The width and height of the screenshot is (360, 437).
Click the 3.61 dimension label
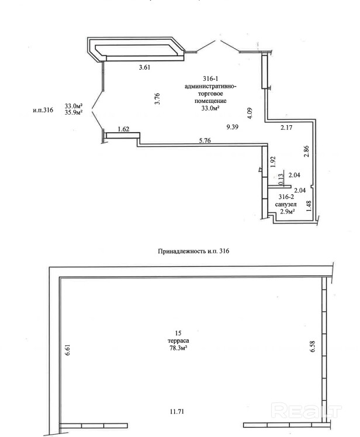coord(144,67)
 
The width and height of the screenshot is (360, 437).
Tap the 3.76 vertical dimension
coord(157,100)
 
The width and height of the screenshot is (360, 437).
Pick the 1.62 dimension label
coord(123,129)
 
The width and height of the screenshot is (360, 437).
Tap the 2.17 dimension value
coord(286,128)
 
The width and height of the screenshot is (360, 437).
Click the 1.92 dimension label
coord(272,161)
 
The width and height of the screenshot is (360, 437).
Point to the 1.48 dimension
coord(309,205)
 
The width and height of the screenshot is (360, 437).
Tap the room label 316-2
coord(286,197)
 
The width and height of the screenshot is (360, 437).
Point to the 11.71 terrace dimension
coord(176,411)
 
